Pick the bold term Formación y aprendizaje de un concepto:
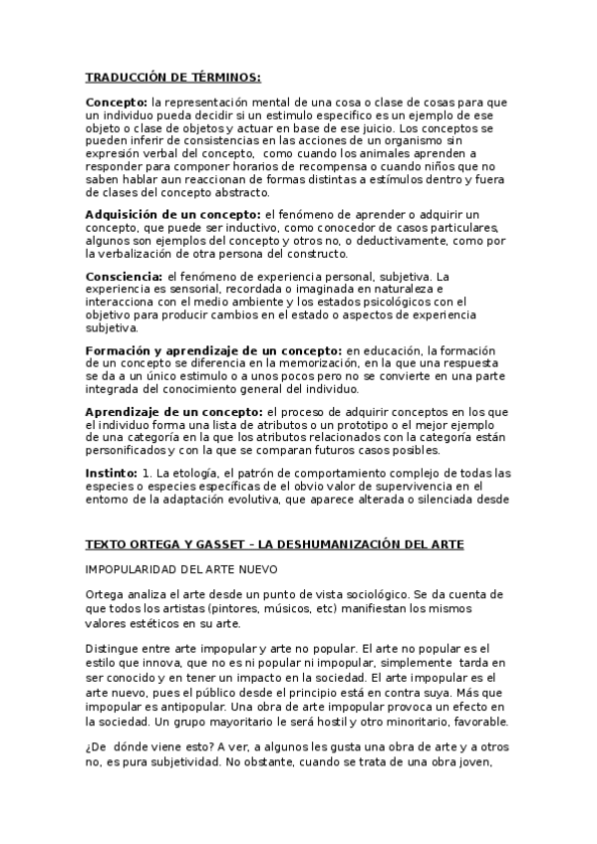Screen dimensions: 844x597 (x=213, y=349)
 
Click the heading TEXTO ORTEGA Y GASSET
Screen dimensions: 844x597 (x=274, y=544)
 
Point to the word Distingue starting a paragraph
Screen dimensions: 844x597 (x=116, y=645)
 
